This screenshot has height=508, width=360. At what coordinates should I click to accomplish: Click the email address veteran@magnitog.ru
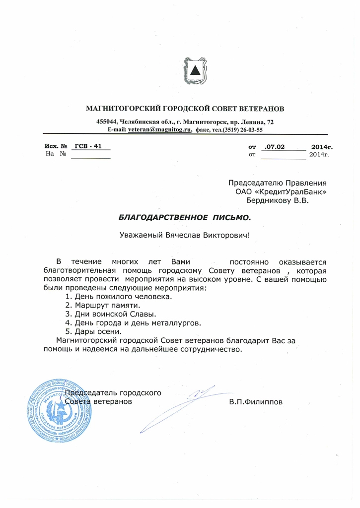pyautogui.click(x=159, y=129)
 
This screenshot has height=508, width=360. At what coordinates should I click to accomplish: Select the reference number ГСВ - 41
pyautogui.click(x=87, y=146)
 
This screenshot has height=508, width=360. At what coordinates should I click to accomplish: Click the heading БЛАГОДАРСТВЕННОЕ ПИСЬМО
pyautogui.click(x=185, y=217)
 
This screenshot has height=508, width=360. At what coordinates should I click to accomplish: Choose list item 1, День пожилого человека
pyautogui.click(x=119, y=296)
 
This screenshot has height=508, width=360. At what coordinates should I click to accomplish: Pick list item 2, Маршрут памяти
pyautogui.click(x=103, y=305)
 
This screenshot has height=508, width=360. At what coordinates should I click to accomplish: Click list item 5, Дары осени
pyautogui.click(x=94, y=331)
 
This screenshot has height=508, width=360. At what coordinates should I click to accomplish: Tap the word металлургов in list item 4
pyautogui.click(x=176, y=323)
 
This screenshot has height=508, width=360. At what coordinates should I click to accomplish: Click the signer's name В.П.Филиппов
pyautogui.click(x=256, y=402)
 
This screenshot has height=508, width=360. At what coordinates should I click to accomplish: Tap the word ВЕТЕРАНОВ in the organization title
pyautogui.click(x=260, y=108)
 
